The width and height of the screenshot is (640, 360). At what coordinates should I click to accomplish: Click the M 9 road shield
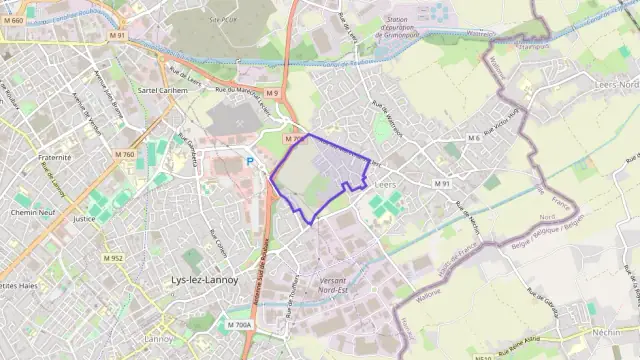click(271, 94)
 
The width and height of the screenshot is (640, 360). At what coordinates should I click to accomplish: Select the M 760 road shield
click(124, 154)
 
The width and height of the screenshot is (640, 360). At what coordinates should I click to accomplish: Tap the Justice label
click(84, 218)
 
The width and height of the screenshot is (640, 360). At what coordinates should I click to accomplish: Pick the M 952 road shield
click(112, 258)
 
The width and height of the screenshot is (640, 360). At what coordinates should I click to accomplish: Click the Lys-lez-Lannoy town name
click(205, 280)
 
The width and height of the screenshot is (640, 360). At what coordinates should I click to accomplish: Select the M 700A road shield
click(239, 325)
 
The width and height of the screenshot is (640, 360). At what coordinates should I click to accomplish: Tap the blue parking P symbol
click(250, 160)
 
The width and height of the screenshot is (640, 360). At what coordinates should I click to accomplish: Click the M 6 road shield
click(473, 138)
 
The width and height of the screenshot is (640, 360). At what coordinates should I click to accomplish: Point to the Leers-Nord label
click(616, 84)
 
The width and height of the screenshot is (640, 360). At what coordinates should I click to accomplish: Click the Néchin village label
click(606, 330)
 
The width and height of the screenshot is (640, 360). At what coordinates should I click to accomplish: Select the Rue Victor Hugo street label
click(503, 122)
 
